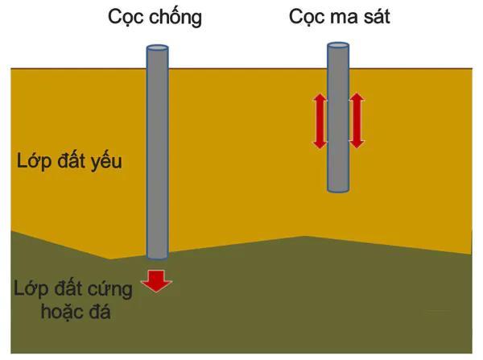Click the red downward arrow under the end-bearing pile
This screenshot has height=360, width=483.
coord(156,279)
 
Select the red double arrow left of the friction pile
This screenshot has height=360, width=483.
coord(320,121)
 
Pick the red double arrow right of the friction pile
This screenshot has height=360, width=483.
coord(357,121)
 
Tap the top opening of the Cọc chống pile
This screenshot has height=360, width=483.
coord(157,49)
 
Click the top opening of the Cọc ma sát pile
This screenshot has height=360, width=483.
coord(338,46)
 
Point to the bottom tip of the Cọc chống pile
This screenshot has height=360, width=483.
coord(157,256)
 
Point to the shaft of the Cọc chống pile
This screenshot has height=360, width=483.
coord(157,153)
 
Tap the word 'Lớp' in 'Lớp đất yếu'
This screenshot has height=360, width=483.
coord(32,161)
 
